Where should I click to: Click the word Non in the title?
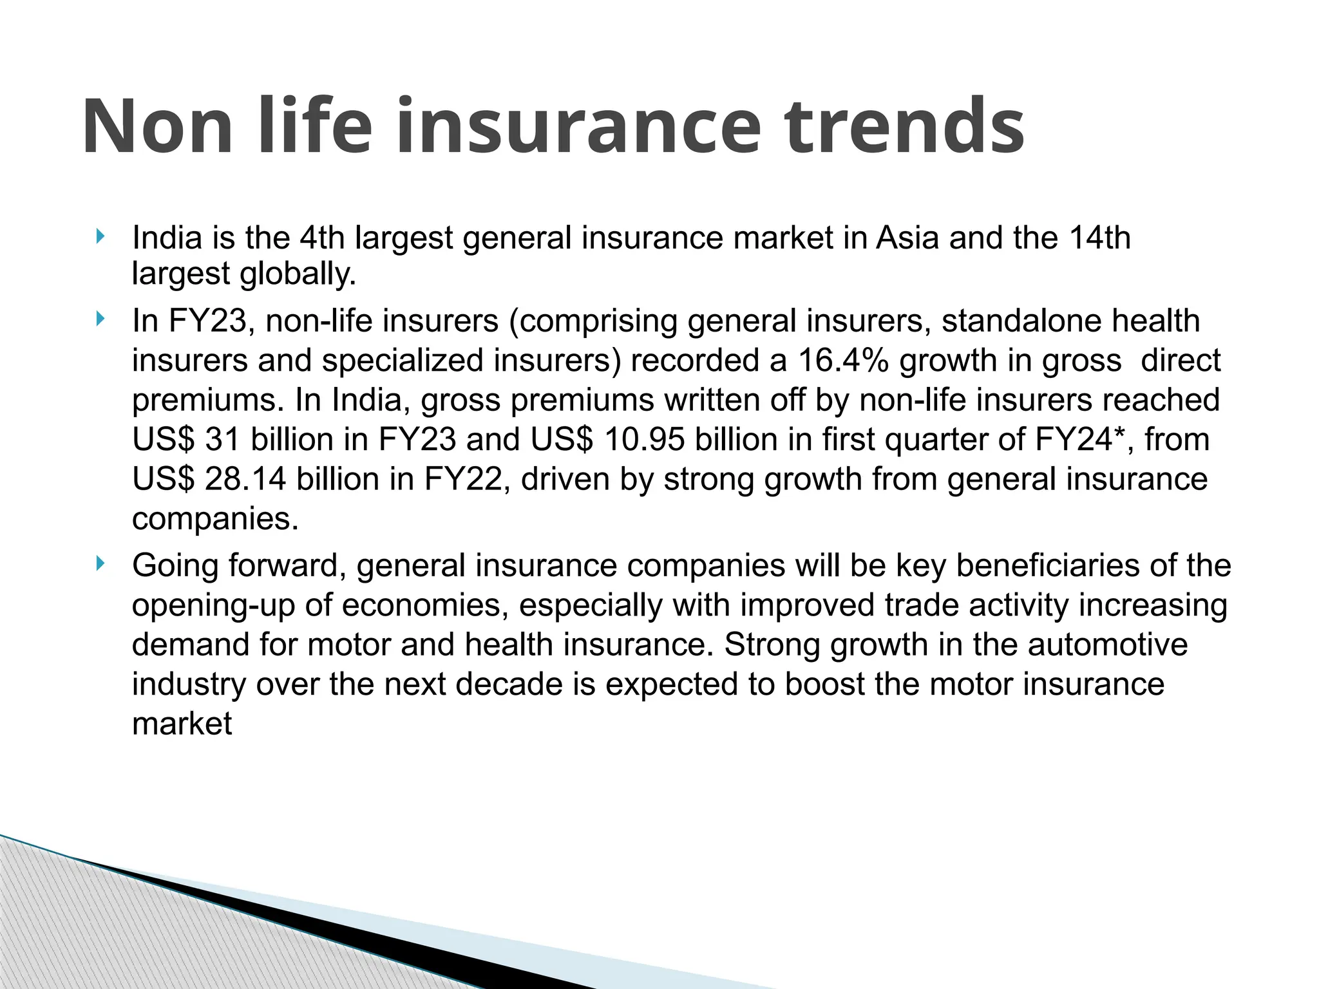[157, 126]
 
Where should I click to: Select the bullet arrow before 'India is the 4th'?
[99, 236]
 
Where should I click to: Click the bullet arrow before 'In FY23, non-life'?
[99, 319]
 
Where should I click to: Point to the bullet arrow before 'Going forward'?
[99, 564]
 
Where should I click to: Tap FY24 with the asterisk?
[1076, 440]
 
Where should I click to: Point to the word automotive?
[1108, 645]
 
